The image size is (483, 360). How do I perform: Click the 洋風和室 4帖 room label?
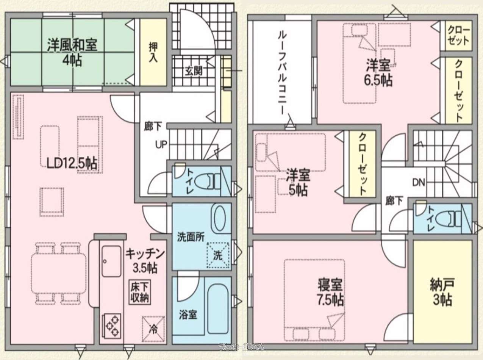pyautogui.click(x=72, y=52)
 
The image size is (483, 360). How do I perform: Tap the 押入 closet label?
pyautogui.click(x=153, y=52)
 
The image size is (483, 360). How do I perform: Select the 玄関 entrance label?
pyautogui.click(x=193, y=71)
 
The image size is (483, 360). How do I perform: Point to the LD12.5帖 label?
pyautogui.click(x=72, y=163)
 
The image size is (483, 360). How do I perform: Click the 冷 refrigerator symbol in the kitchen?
pyautogui.click(x=153, y=328)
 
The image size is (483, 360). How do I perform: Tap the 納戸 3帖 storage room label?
pyautogui.click(x=441, y=292)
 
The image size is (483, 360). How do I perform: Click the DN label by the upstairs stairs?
pyautogui.click(x=419, y=182)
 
